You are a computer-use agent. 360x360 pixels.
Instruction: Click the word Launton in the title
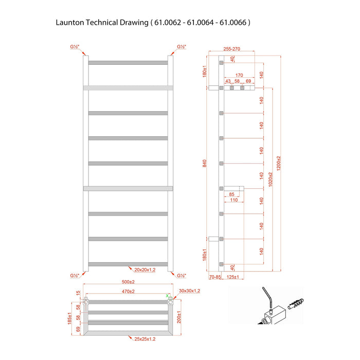click(x=70, y=23)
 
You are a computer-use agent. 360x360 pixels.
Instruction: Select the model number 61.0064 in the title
click(x=200, y=23)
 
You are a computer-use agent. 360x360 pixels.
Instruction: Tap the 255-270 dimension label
click(x=231, y=49)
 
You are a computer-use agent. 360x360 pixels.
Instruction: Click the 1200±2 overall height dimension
click(x=279, y=163)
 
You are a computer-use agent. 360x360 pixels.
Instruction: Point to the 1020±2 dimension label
click(x=271, y=179)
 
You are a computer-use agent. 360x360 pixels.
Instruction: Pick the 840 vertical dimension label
click(x=204, y=163)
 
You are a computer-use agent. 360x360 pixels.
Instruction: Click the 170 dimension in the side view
click(x=239, y=75)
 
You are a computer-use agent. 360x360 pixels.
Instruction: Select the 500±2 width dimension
click(x=128, y=282)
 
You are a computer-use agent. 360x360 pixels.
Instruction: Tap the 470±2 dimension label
click(x=128, y=292)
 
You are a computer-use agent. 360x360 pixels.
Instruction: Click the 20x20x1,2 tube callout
click(x=145, y=270)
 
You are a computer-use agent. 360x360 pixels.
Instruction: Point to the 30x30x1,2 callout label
click(x=189, y=291)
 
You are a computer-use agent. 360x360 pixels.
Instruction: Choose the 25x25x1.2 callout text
click(x=145, y=339)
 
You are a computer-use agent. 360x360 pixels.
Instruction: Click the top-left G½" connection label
click(x=75, y=47)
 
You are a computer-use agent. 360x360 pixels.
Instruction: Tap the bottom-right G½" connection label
click(x=182, y=276)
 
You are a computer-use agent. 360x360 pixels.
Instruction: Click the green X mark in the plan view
click(x=167, y=296)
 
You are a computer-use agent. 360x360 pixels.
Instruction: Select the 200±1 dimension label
click(x=179, y=317)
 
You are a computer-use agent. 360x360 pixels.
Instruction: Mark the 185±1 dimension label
click(x=69, y=318)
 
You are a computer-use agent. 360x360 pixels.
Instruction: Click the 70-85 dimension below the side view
click(x=215, y=277)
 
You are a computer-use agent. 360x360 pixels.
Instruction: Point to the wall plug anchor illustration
click(x=296, y=304)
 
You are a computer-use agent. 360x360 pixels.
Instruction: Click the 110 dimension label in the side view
click(x=233, y=200)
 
